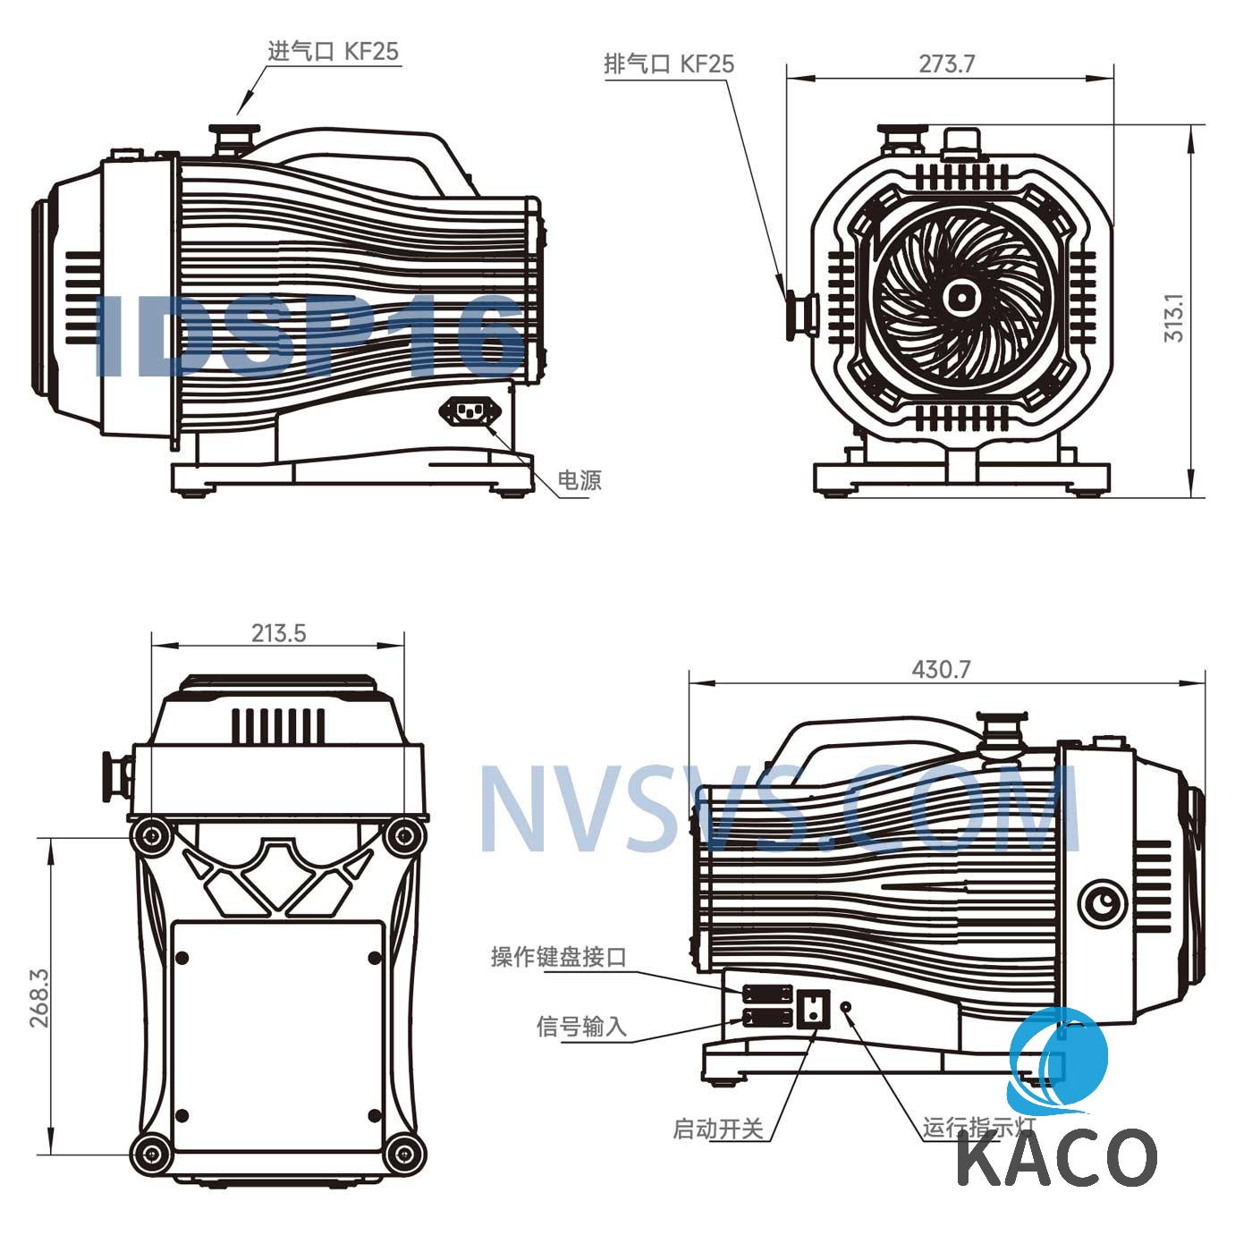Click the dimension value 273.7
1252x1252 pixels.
[x=946, y=63]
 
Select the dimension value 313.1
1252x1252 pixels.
[x=1173, y=317]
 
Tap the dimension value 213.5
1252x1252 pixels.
[x=279, y=633]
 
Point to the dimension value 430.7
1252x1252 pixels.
[x=941, y=669]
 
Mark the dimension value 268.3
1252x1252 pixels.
[x=39, y=997]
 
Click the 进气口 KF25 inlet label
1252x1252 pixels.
[x=334, y=51]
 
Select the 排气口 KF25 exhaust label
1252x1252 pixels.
[x=669, y=63]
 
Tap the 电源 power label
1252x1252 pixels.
[x=579, y=480]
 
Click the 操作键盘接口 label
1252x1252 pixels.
[x=559, y=957]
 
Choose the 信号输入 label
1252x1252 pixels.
[x=581, y=1027]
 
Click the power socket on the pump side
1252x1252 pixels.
[x=470, y=410]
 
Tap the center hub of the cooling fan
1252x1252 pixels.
[x=960, y=298]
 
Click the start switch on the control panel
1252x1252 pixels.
[x=813, y=1008]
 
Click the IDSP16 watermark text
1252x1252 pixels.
[x=309, y=336]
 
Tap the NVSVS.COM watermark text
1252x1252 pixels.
[x=780, y=809]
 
